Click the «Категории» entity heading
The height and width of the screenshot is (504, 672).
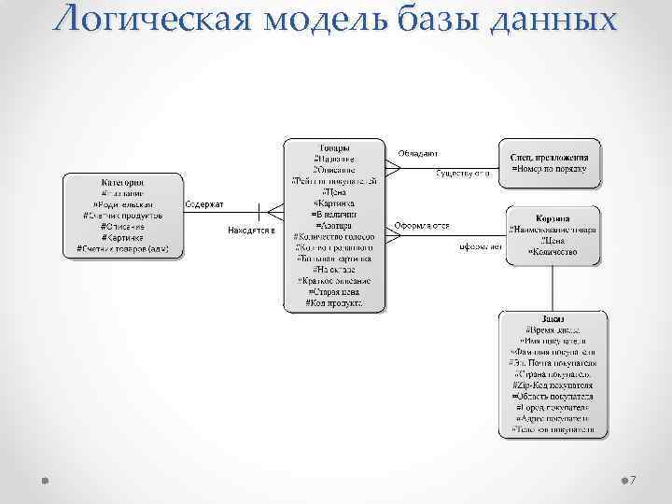click(x=122, y=181)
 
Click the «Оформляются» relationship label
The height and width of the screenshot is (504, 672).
click(x=422, y=225)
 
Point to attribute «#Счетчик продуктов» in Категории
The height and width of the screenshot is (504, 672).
click(x=122, y=215)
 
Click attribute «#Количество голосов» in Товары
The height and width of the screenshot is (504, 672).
click(x=334, y=237)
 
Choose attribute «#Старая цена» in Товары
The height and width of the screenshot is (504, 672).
click(x=334, y=292)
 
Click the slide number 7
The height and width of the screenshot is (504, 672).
click(x=633, y=479)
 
